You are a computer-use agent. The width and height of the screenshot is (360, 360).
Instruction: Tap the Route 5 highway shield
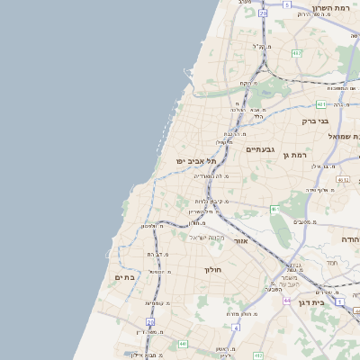tap(287, 5)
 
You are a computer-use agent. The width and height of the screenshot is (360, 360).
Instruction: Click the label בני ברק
tap(315, 121)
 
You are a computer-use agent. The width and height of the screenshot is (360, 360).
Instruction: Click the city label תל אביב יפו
tap(193, 161)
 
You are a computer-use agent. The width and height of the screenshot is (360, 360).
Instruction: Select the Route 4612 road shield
tap(342, 180)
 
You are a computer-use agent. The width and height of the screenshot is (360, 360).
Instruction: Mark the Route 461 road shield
tap(275, 210)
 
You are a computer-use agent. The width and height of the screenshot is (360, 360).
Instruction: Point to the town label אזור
tap(240, 241)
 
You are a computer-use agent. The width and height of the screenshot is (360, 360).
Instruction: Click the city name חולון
tap(213, 269)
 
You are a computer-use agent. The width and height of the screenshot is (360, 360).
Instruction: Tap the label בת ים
tap(125, 278)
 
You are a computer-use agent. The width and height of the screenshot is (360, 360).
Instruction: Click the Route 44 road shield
tap(287, 300)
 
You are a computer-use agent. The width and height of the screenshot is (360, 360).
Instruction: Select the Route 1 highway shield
tap(339, 301)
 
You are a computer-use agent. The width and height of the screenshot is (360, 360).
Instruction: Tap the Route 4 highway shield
tap(235, 328)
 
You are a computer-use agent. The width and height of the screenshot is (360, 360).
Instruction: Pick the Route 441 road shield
tap(184, 343)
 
